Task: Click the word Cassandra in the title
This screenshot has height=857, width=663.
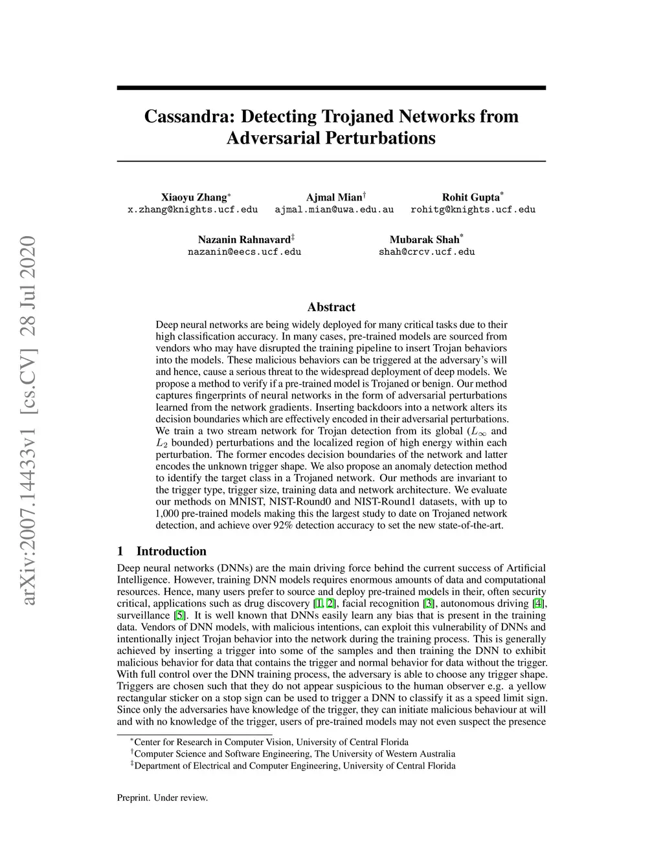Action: pyautogui.click(x=188, y=117)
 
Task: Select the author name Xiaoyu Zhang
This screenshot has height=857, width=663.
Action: pyautogui.click(x=194, y=197)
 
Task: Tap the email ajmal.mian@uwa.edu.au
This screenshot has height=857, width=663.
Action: pyautogui.click(x=334, y=210)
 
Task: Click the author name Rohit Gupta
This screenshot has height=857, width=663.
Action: pyautogui.click(x=471, y=197)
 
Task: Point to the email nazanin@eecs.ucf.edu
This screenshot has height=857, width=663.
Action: pyautogui.click(x=244, y=252)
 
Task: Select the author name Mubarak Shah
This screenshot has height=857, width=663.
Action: pyautogui.click(x=424, y=239)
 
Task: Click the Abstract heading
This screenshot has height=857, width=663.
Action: pyautogui.click(x=331, y=307)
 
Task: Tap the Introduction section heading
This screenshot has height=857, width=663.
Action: pyautogui.click(x=171, y=551)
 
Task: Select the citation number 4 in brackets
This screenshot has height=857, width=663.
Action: pyautogui.click(x=537, y=603)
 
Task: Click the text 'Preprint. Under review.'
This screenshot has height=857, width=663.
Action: pyautogui.click(x=163, y=797)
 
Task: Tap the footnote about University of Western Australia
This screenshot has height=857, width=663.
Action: pyautogui.click(x=294, y=754)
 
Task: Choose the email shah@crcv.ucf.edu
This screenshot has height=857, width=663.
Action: pyautogui.click(x=427, y=252)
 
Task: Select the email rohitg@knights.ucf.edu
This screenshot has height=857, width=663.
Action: pyautogui.click(x=473, y=210)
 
